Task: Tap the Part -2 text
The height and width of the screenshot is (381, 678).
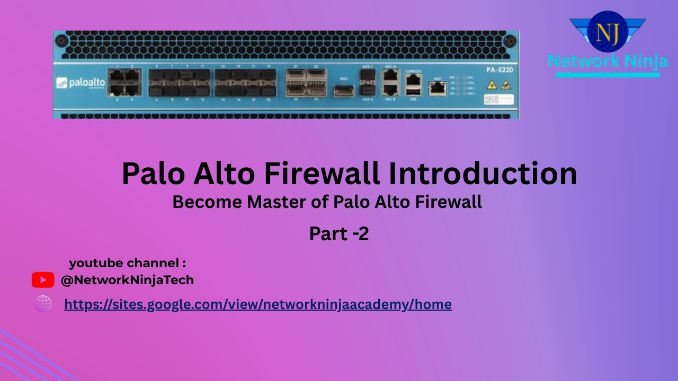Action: (339, 234)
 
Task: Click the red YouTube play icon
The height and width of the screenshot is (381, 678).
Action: (43, 280)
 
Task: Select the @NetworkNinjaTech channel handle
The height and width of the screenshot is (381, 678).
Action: (127, 280)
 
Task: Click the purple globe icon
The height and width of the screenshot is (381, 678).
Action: (43, 304)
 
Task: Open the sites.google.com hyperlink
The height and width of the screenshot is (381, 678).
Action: (257, 304)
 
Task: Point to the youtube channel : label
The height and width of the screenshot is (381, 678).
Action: (127, 263)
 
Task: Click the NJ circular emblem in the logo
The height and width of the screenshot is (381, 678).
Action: (608, 32)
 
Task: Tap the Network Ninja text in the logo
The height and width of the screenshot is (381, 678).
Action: (608, 61)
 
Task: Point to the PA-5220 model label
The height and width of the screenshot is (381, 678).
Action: (498, 70)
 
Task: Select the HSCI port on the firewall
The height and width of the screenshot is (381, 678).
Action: (343, 90)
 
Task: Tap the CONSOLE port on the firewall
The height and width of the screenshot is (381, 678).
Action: (413, 80)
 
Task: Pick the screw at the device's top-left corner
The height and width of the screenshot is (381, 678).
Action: (61, 41)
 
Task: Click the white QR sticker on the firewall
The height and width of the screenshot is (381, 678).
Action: (498, 99)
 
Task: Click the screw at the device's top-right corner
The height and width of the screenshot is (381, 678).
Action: (511, 41)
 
